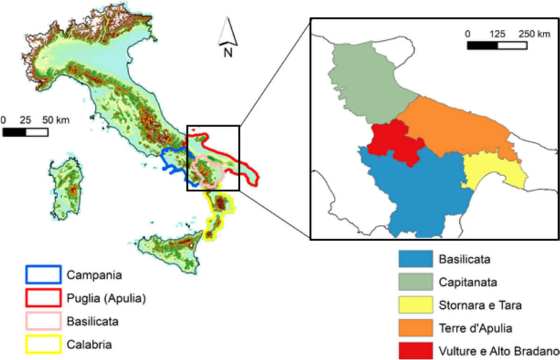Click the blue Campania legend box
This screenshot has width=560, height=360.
(43, 275)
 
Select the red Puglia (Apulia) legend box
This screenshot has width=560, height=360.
(43, 298)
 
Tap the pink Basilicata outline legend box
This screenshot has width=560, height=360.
(43, 321)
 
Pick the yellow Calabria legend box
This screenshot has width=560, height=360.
(43, 345)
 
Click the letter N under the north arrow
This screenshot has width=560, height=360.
(228, 52)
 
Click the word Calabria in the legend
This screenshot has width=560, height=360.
(88, 345)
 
